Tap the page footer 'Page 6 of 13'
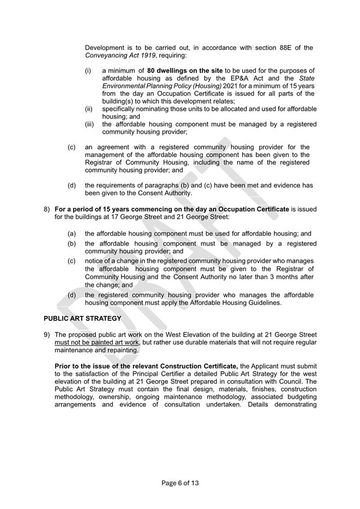click(x=180, y=483)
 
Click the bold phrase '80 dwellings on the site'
click(x=185, y=71)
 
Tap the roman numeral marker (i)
click(x=88, y=71)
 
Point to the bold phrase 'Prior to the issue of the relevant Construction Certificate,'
click(x=147, y=366)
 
